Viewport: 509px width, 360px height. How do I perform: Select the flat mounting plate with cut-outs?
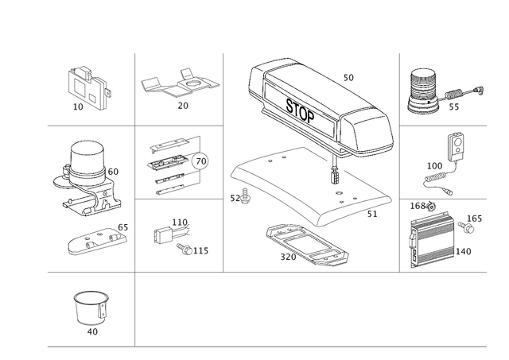pos(180,84)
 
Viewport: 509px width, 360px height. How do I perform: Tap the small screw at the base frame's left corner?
pos(243,199)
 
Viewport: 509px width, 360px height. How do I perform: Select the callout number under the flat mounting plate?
pos(181,105)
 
